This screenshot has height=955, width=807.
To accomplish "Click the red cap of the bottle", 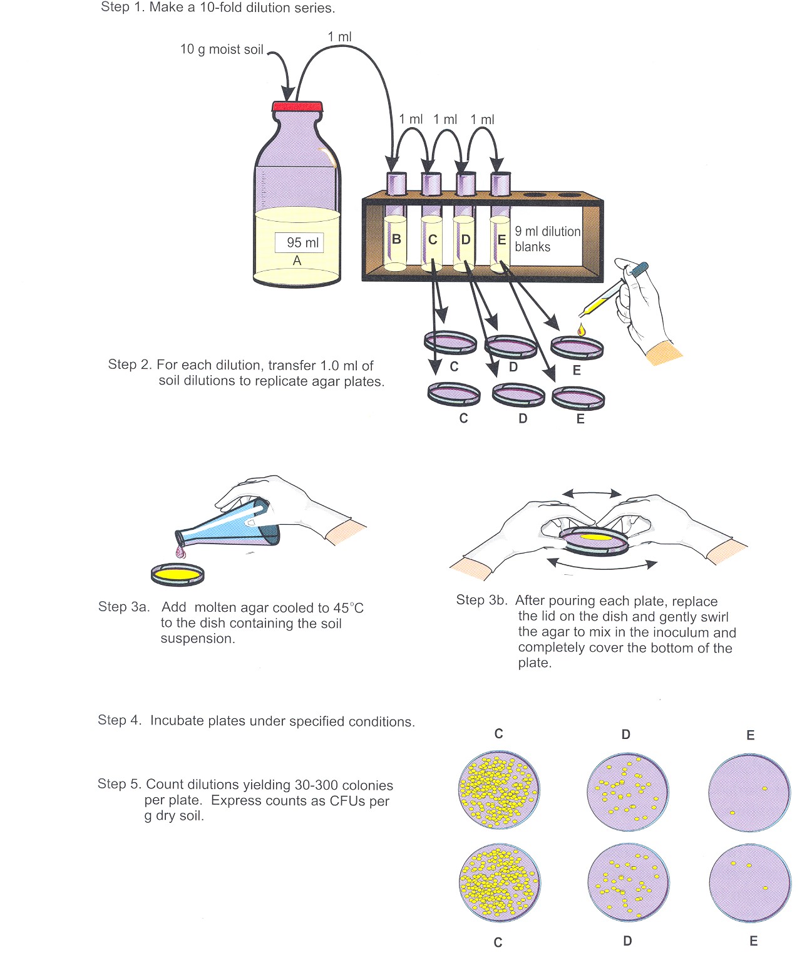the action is [x=297, y=106].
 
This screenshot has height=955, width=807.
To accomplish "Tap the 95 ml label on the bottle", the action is [x=300, y=242].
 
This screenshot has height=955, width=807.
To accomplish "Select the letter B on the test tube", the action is [x=396, y=239].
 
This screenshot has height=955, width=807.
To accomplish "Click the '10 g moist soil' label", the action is [x=222, y=49].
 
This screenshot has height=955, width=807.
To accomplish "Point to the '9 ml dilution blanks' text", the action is [x=547, y=239].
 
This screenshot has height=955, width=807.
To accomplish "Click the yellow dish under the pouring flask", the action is [x=178, y=574].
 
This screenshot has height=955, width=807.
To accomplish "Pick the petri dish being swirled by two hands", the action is [x=594, y=540].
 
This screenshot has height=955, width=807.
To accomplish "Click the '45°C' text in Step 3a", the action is [x=348, y=608].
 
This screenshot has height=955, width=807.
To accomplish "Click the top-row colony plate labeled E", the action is [x=749, y=792].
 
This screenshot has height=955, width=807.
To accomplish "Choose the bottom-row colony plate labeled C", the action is [x=500, y=883].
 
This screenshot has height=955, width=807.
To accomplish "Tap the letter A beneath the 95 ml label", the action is [x=297, y=261].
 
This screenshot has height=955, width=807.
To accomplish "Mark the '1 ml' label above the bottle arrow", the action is [x=339, y=37].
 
